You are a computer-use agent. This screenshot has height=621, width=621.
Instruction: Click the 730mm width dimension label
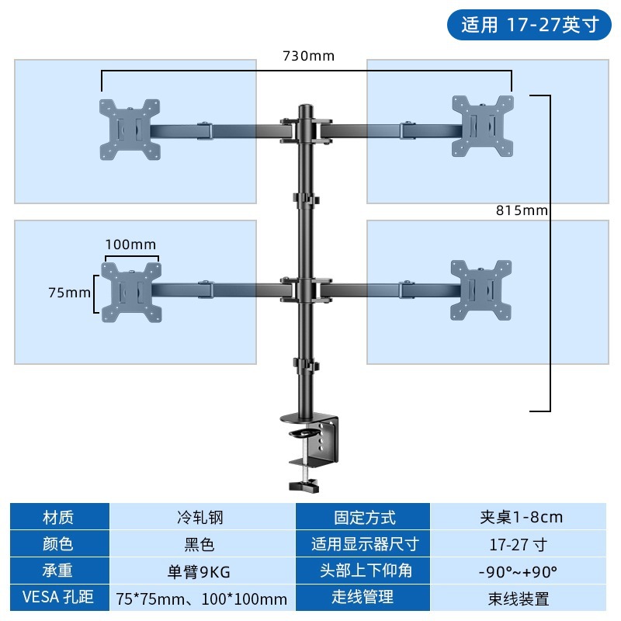(308, 56)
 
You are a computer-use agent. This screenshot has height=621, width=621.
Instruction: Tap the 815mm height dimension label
(522, 210)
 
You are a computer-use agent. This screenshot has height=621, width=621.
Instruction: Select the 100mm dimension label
(130, 245)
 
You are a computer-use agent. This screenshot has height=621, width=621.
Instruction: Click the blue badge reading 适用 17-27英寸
(530, 24)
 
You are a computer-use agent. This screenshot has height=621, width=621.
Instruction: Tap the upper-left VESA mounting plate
(130, 129)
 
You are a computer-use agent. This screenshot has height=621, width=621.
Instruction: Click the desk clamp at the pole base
(314, 454)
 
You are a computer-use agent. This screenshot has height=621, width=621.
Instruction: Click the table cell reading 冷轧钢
(200, 517)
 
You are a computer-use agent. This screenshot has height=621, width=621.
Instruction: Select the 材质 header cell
(59, 517)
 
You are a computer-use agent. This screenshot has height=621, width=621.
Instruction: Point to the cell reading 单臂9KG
(200, 571)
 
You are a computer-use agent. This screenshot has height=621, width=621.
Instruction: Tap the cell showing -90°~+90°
(519, 571)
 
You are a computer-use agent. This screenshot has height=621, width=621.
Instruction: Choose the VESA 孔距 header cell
(59, 597)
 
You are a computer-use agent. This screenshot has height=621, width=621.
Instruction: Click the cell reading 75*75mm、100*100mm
(201, 598)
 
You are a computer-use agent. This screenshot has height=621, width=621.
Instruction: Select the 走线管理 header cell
(363, 597)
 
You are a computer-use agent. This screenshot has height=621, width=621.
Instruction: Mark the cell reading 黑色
(200, 544)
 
